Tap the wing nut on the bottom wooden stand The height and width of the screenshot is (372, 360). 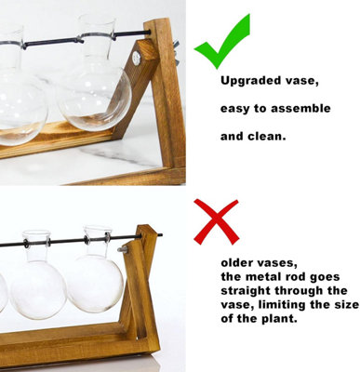tap(123, 248)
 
